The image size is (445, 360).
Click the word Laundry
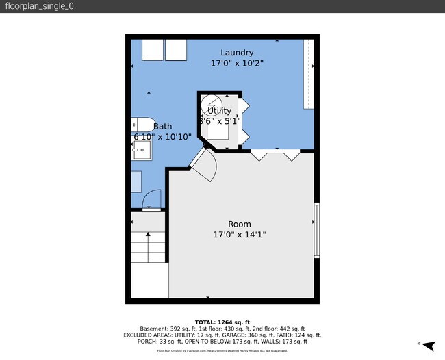point(237,53)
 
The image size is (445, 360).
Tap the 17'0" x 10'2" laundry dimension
point(237,63)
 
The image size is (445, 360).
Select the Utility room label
point(219,110)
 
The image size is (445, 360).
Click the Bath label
point(163,126)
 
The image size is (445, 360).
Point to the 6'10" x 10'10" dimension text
point(162,136)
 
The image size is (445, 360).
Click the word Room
point(240,224)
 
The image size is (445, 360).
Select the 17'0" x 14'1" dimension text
point(240,235)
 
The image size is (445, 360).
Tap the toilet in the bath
point(142,125)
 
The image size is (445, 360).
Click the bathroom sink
point(141,150)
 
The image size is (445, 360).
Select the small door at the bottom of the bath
point(151,201)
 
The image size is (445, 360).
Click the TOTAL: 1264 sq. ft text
point(222,322)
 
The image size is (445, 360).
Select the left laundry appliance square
point(152,50)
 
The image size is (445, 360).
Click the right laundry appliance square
point(177,50)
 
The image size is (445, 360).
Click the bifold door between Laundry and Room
point(275,155)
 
